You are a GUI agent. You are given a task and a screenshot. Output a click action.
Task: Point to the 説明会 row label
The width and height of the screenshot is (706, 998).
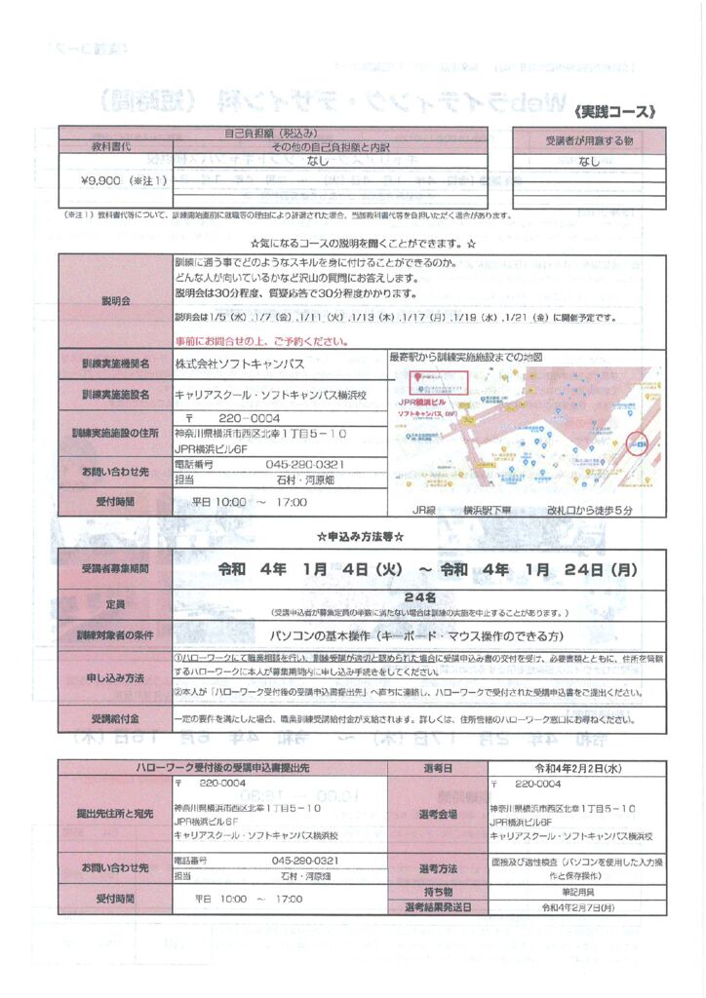[115, 301]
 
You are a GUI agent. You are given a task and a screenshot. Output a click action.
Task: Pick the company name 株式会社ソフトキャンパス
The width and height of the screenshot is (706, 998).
[239, 364]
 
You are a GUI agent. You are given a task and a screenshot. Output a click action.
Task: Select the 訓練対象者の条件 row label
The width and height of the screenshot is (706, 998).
[115, 634]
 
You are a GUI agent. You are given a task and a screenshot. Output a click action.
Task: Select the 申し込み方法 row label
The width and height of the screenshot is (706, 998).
[115, 676]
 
